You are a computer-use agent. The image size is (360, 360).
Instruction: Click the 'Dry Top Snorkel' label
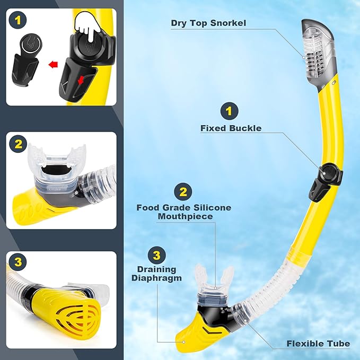click(x=208, y=23)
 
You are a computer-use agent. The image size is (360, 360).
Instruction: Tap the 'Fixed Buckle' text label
click(x=231, y=128)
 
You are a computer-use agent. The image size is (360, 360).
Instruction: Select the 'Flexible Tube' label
click(x=318, y=344)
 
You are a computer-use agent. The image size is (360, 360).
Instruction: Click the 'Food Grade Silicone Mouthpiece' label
click(x=183, y=212)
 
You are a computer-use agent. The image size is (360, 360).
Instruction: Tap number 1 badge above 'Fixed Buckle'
click(x=229, y=111)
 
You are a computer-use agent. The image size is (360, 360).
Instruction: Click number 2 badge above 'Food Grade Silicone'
click(x=183, y=191)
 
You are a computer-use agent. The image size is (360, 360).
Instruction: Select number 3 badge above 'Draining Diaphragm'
click(x=156, y=255)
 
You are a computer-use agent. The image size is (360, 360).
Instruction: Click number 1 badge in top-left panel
click(x=19, y=22)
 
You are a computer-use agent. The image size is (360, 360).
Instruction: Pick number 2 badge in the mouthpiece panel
click(x=19, y=144)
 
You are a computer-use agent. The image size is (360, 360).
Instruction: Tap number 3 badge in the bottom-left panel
click(x=19, y=262)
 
